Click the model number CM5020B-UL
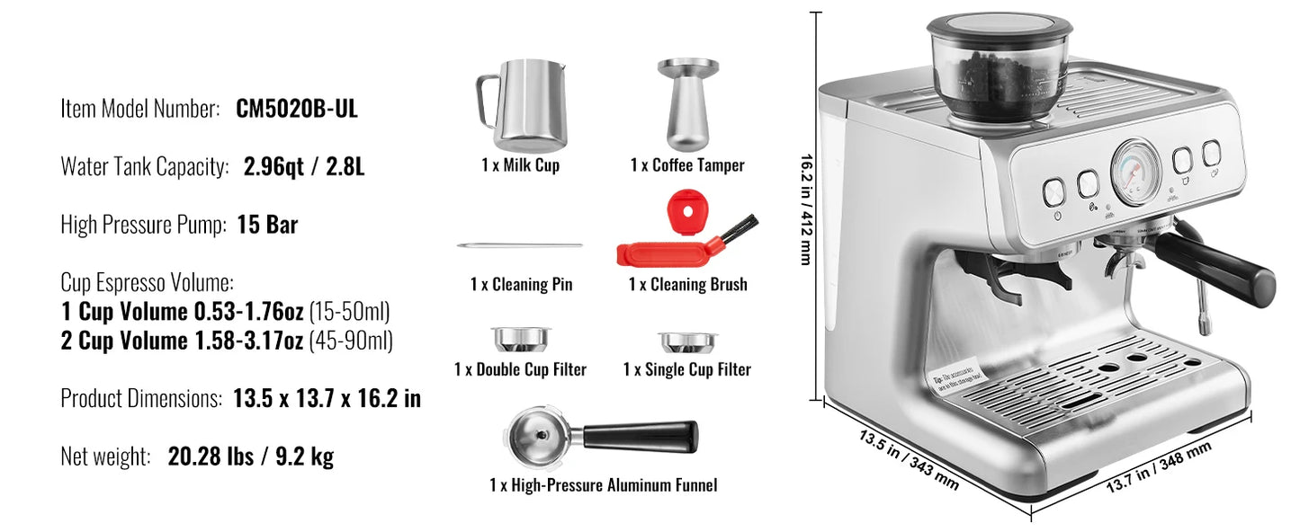pos(297,110)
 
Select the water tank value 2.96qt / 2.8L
pos(304,167)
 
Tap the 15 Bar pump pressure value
pos(267,225)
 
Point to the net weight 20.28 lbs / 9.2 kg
pos(250,457)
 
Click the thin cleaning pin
pos(520,245)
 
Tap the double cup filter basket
pos(520,340)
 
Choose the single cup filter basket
pos(687,342)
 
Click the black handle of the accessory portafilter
pos(641,436)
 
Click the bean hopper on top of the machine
pos(1000,67)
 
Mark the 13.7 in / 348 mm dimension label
pos(1158,467)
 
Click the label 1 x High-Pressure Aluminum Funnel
pos(603,485)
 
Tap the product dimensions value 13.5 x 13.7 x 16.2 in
pos(327,398)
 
